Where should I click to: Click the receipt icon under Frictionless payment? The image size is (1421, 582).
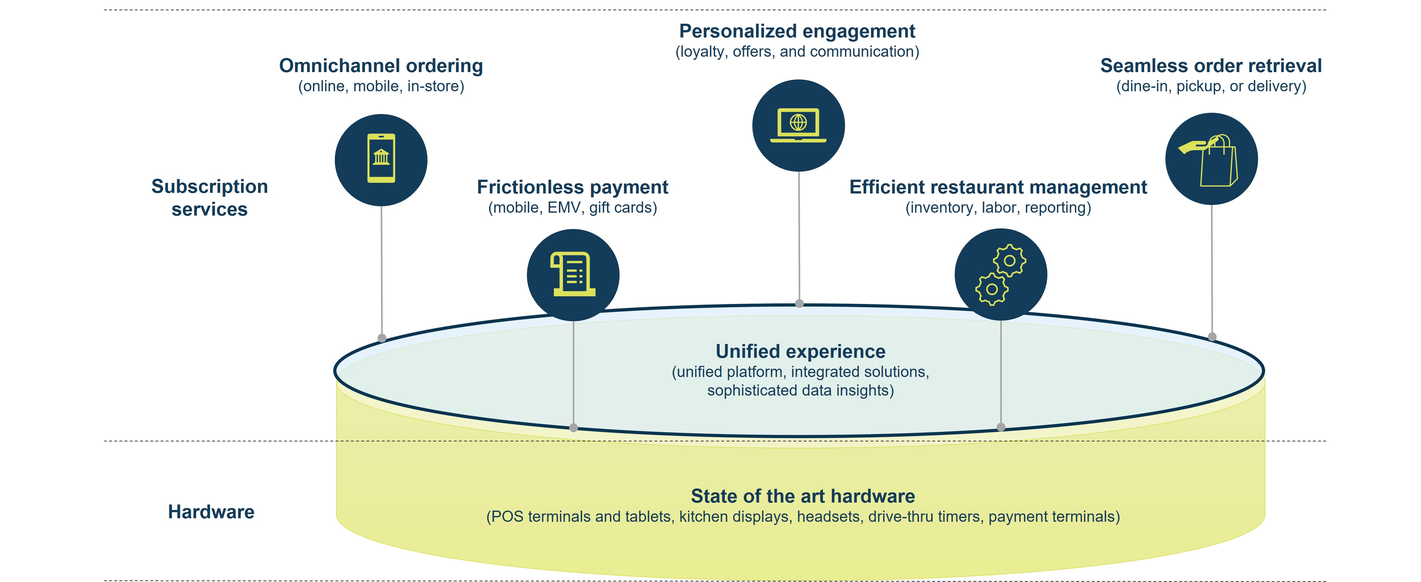[x=573, y=275]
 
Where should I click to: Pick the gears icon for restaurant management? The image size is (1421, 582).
[x=1001, y=275]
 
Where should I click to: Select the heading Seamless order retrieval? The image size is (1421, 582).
[x=1211, y=66]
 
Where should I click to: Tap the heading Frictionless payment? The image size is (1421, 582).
[x=572, y=187]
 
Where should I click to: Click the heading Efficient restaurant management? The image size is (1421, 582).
[x=998, y=187]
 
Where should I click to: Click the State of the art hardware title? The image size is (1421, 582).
[x=803, y=496]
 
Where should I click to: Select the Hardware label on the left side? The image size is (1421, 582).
[x=211, y=512]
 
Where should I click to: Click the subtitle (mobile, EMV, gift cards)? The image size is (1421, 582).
[x=572, y=208]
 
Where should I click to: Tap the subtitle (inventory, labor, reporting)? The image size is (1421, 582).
[x=998, y=208]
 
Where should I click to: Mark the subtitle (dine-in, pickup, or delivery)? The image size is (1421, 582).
[x=1211, y=86]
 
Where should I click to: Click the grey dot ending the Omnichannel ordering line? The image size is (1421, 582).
[x=382, y=338]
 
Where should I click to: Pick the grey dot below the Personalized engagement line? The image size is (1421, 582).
[x=799, y=303]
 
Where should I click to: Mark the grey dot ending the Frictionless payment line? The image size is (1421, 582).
[x=574, y=428]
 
